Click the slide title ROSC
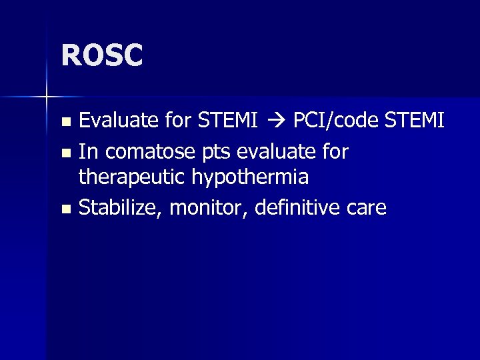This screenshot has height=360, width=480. (x=102, y=56)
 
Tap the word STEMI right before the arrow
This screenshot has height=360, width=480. (x=229, y=121)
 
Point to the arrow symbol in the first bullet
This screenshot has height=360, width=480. (x=276, y=121)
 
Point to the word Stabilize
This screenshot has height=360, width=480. (x=121, y=207)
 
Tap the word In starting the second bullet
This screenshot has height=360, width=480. (x=87, y=152)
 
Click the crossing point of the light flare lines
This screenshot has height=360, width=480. (x=47, y=97)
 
